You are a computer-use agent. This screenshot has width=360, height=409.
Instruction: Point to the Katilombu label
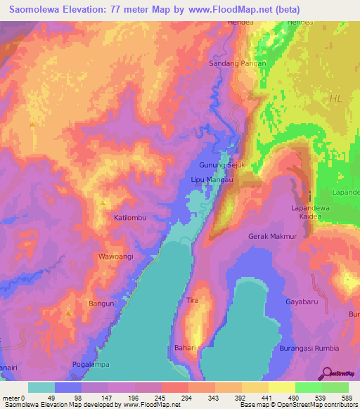point(130,218)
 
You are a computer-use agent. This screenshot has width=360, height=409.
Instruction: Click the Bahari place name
point(184,347)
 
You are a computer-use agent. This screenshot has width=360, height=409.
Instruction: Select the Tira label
point(192,300)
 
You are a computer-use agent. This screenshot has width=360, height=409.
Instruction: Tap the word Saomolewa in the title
point(37,10)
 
